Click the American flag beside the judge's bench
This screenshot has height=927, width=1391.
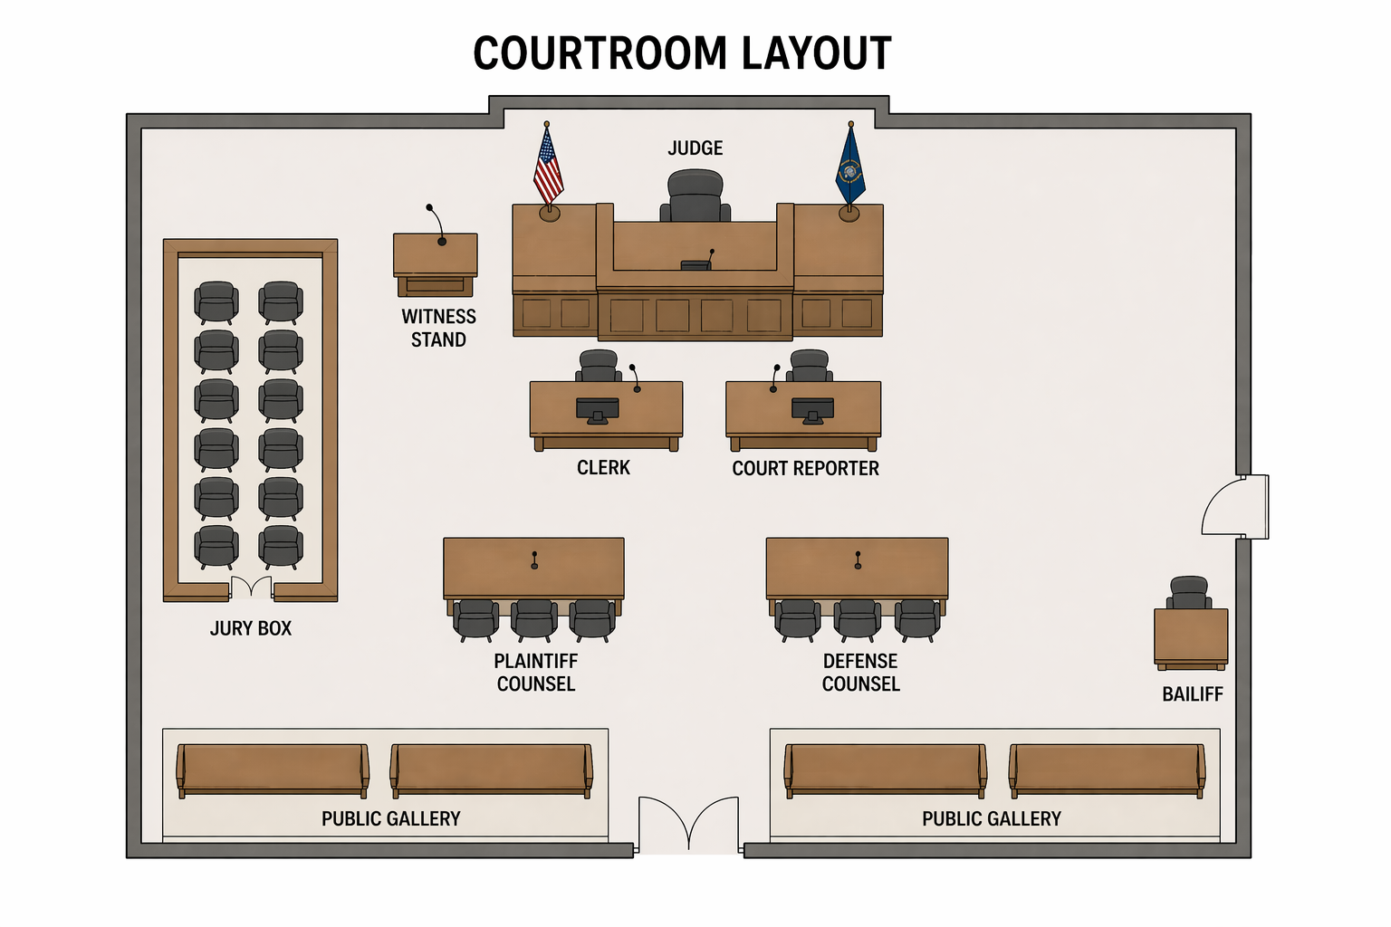pyautogui.click(x=548, y=168)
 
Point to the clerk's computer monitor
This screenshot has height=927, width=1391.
pyautogui.click(x=598, y=409)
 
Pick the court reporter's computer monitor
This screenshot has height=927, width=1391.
pyautogui.click(x=812, y=409)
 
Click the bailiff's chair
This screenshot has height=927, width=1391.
pyautogui.click(x=1189, y=592)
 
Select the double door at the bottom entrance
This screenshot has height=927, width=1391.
pyautogui.click(x=688, y=825)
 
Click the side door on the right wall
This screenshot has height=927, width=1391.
pyautogui.click(x=1236, y=507)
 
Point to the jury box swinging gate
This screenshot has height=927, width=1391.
pyautogui.click(x=251, y=588)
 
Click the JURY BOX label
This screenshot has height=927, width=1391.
pyautogui.click(x=251, y=628)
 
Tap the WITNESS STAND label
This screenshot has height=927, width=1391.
pyautogui.click(x=439, y=328)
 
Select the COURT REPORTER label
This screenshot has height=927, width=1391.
pyautogui.click(x=805, y=469)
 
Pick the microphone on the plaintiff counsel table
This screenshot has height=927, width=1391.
pyautogui.click(x=534, y=560)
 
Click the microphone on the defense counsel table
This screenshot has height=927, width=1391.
pyautogui.click(x=858, y=560)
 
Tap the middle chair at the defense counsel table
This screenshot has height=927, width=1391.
pyautogui.click(x=857, y=617)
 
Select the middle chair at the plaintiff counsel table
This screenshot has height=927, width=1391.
pyautogui.click(x=534, y=617)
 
